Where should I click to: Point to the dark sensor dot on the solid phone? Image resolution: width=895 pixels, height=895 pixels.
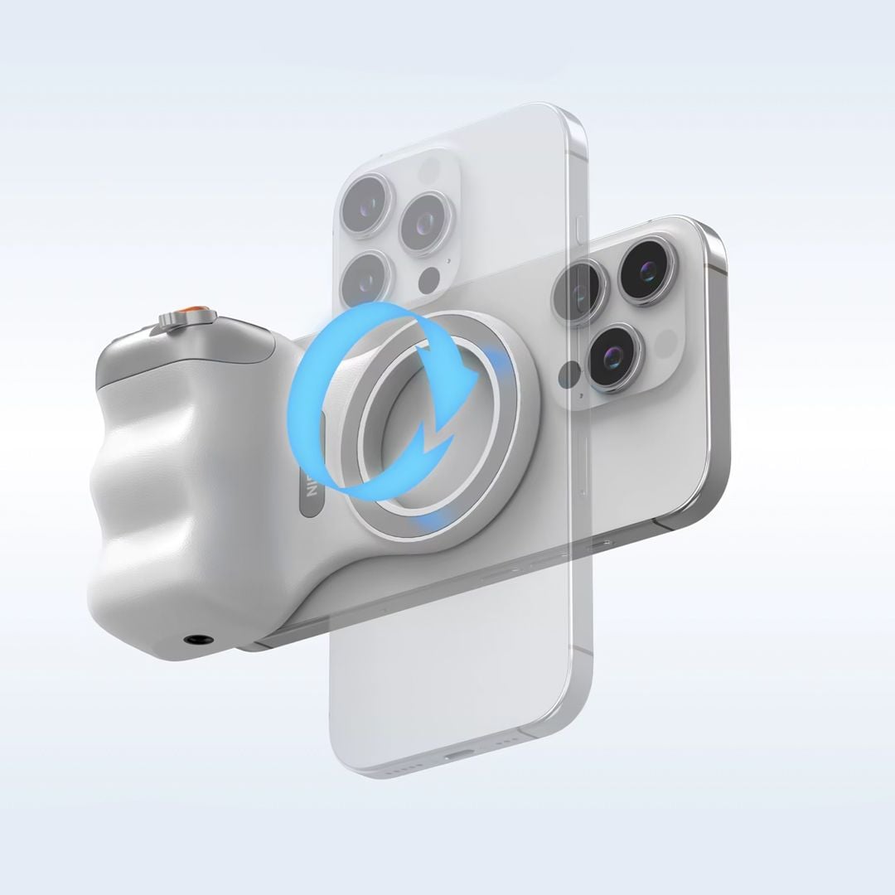(x=568, y=375)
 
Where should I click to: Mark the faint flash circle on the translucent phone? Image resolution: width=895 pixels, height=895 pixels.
(x=429, y=171)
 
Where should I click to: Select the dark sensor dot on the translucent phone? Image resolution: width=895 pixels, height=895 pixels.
(x=429, y=279)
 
